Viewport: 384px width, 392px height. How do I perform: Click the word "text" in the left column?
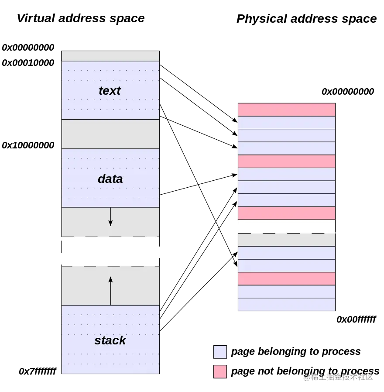tap(110, 91)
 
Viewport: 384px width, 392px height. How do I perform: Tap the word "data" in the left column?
tap(110, 179)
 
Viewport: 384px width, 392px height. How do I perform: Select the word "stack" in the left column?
tap(110, 340)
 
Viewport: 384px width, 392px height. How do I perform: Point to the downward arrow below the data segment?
tap(110, 217)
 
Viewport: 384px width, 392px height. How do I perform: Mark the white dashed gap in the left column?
tap(110, 251)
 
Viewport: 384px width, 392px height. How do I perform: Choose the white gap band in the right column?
tap(286, 227)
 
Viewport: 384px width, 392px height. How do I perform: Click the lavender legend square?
tap(220, 352)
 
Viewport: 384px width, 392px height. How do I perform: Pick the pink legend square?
tap(220, 371)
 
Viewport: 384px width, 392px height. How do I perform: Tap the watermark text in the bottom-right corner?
tap(338, 376)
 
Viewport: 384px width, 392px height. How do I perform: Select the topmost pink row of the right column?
tap(286, 110)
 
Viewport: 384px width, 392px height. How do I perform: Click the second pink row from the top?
tap(286, 162)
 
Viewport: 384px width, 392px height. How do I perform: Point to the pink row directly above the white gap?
tap(286, 213)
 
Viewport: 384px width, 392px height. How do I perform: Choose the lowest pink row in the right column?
tap(286, 279)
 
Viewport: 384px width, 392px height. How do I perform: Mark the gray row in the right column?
tap(286, 240)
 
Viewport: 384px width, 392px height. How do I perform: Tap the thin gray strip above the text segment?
tap(110, 56)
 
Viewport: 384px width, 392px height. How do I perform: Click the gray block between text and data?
tap(110, 134)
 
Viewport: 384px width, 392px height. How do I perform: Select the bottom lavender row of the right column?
tap(286, 304)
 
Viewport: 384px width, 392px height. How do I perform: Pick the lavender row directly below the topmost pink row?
tap(286, 123)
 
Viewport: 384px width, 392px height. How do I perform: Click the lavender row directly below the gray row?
tap(286, 253)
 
